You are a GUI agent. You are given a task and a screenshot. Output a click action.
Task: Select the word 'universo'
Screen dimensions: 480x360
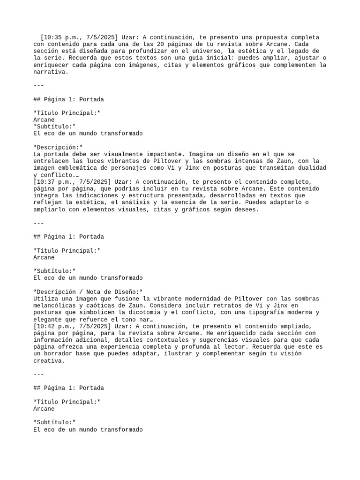pos(192,51)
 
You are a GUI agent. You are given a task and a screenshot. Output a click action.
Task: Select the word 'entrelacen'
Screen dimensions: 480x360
pos(52,161)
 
